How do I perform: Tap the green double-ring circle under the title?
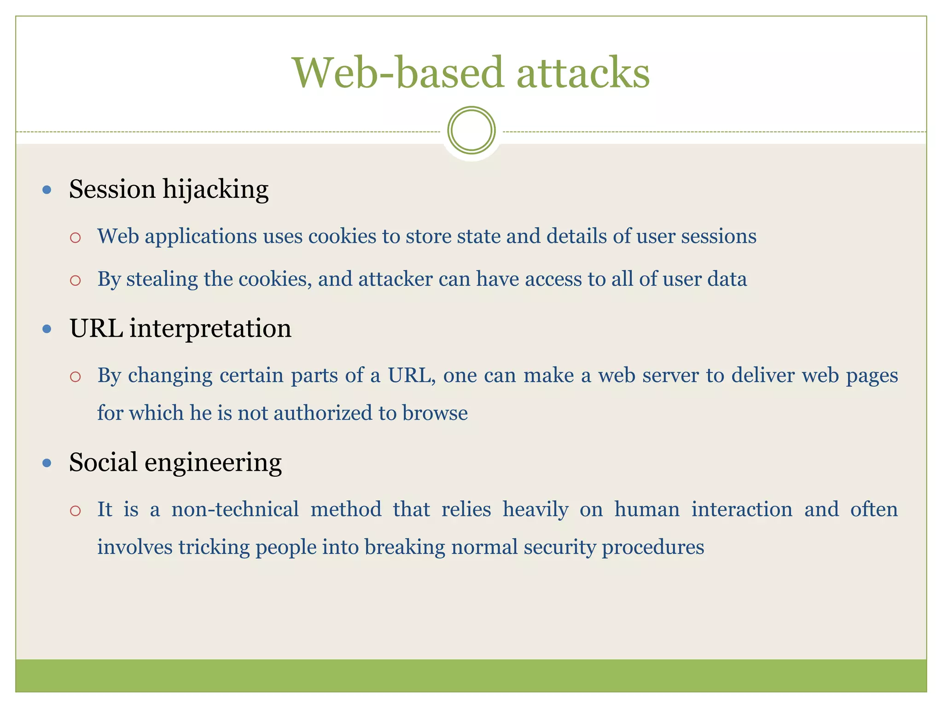471,130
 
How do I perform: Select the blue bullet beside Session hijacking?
47,189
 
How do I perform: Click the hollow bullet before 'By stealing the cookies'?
76,280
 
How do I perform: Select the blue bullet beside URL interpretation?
47,329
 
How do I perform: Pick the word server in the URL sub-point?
671,376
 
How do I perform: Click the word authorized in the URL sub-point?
323,413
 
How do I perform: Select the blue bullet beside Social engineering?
47,463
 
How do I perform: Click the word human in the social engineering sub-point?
646,510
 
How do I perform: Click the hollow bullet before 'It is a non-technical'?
76,511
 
